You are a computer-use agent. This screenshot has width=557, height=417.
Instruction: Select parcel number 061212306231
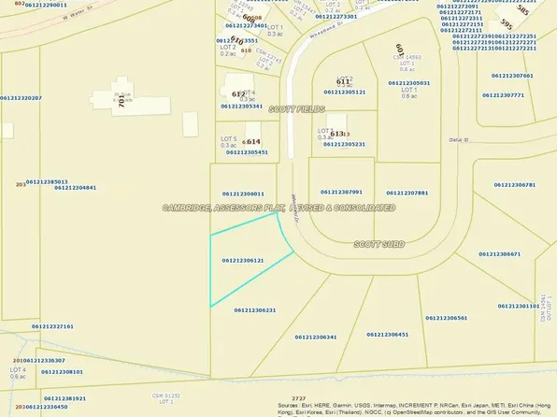255,309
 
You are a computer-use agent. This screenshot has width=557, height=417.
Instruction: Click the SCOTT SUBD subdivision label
378,243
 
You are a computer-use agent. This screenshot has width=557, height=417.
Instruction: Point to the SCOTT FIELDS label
297,109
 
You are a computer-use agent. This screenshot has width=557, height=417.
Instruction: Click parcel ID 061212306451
388,334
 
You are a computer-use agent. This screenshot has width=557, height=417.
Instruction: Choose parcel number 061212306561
447,318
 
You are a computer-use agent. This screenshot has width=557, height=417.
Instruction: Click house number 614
253,141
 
